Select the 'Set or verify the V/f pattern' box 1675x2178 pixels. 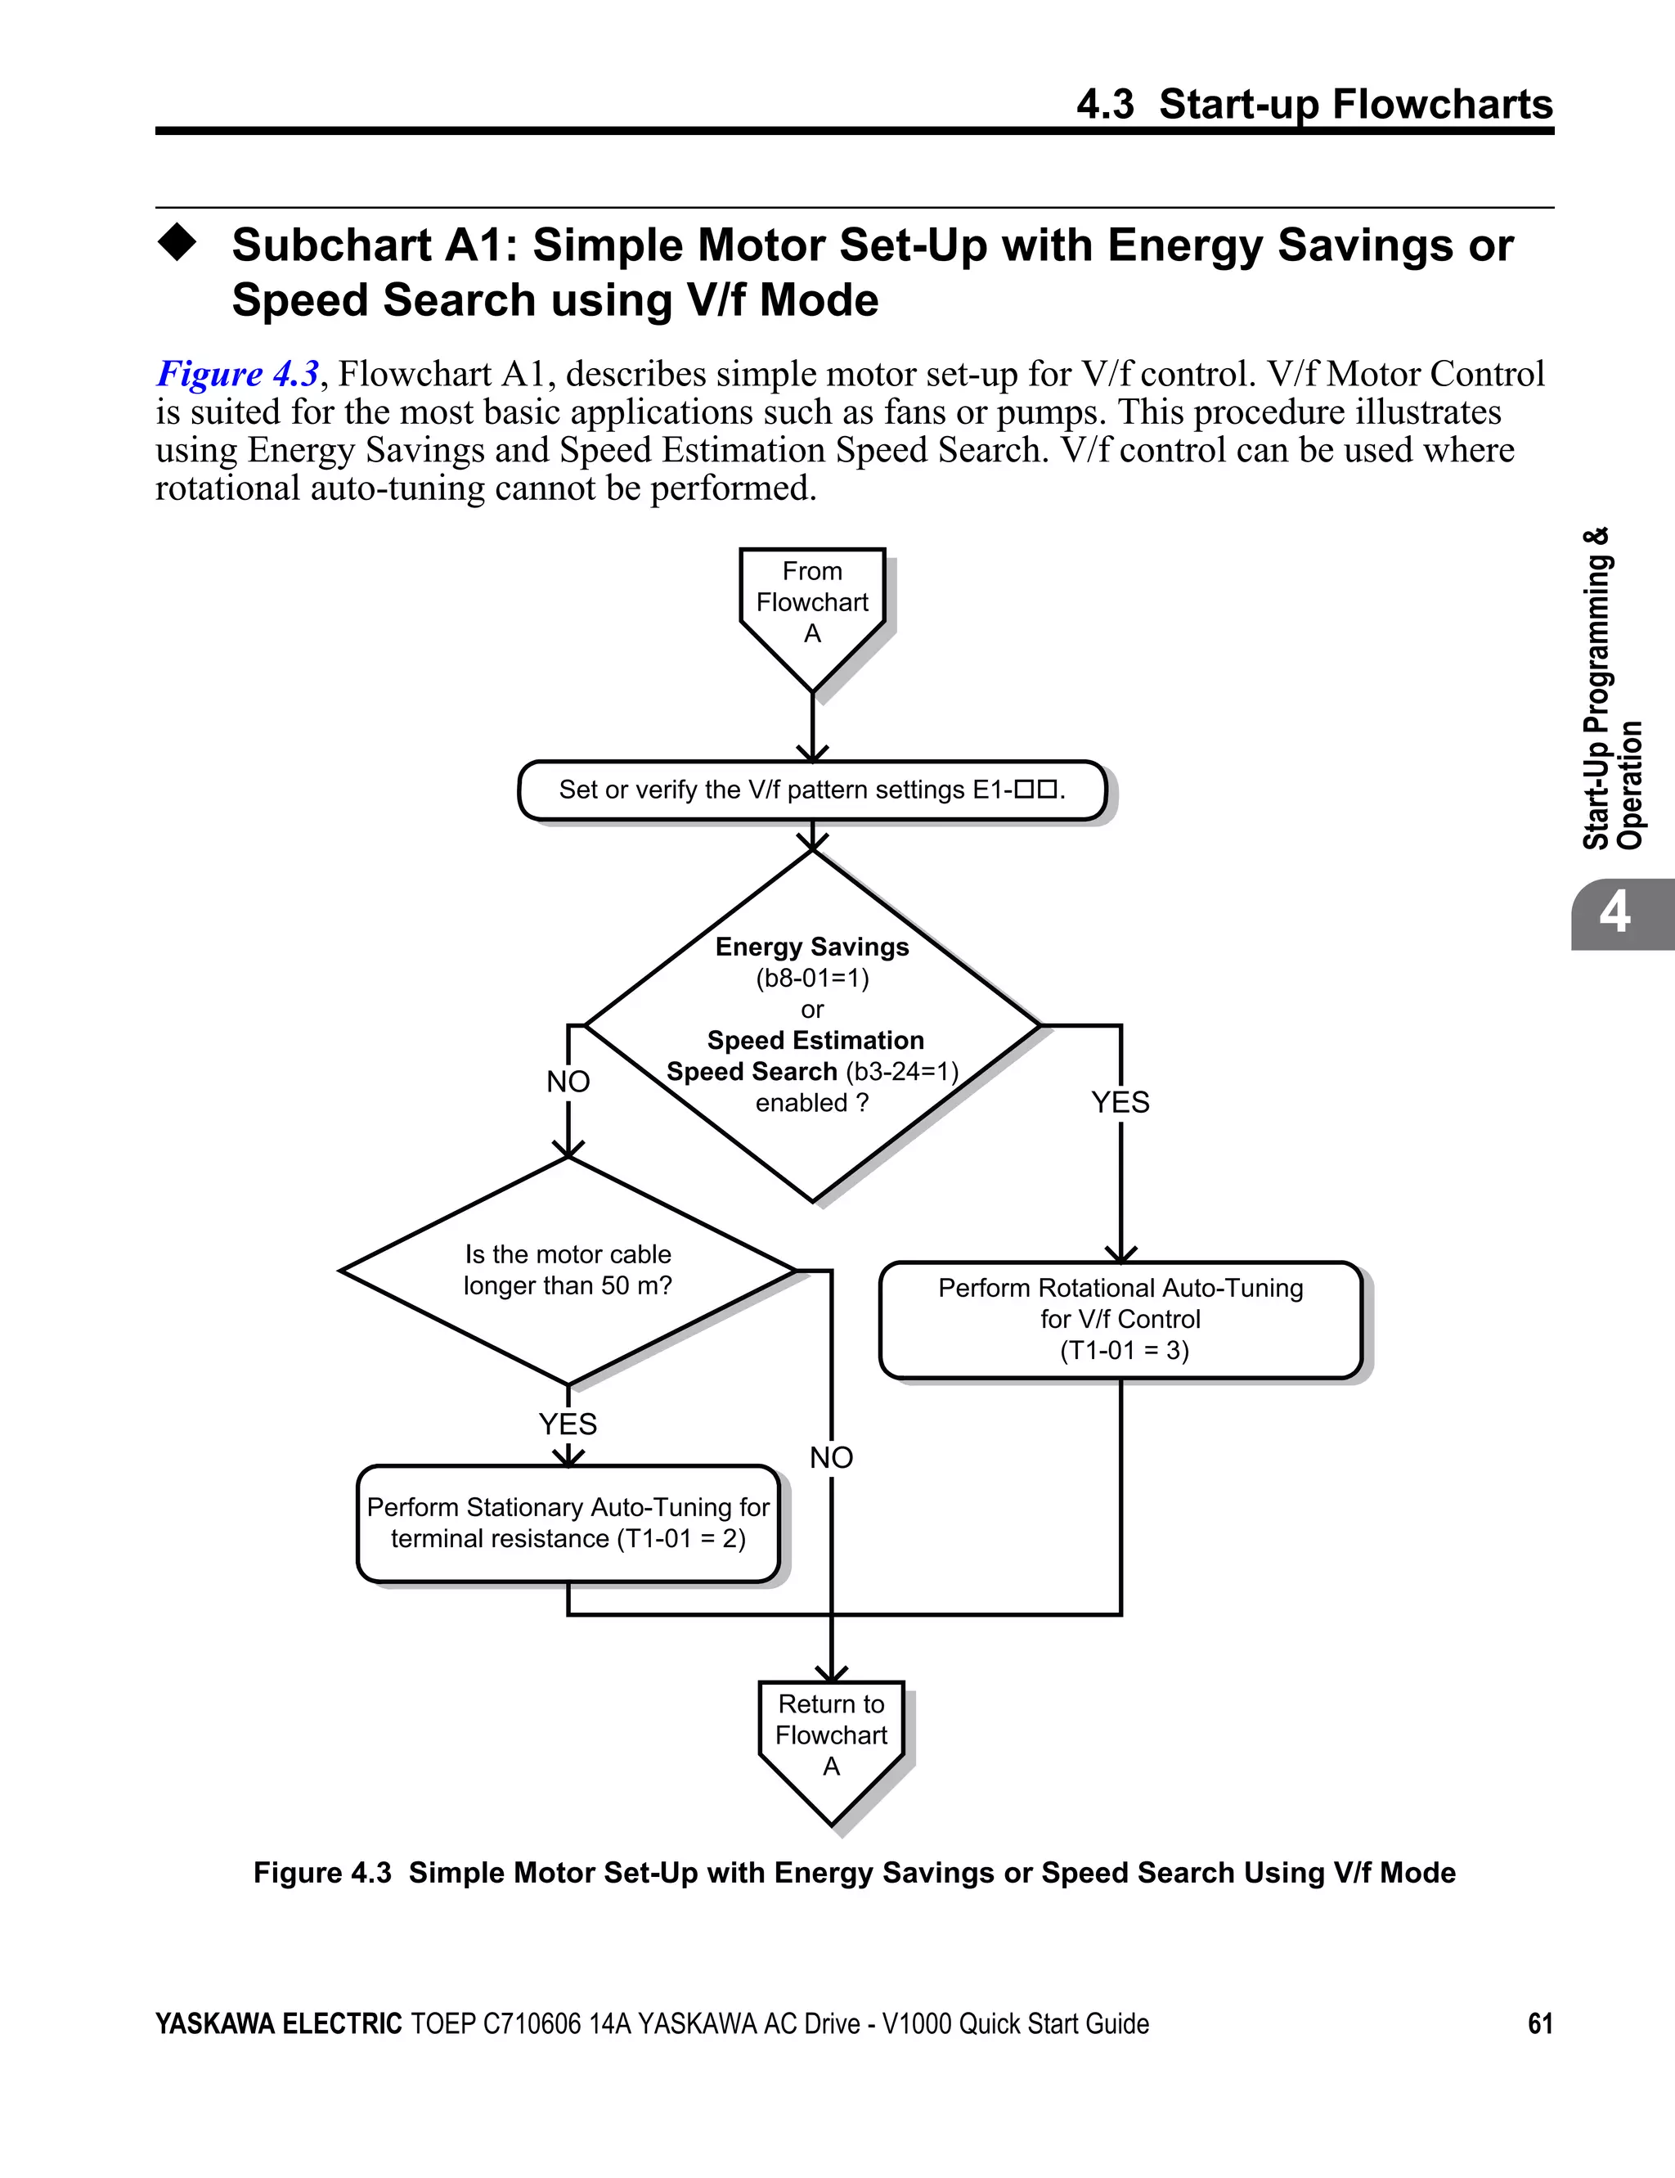tap(811, 790)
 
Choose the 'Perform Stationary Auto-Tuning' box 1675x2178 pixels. tap(568, 1523)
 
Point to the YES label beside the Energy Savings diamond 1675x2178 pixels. tap(1120, 1102)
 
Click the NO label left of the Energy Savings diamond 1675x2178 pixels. tap(568, 1081)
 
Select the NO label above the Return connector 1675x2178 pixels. tap(830, 1458)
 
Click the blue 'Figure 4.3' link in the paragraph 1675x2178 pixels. tap(237, 374)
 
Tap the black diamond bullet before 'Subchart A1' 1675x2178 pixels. tap(177, 242)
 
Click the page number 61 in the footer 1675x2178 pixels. tap(1539, 2023)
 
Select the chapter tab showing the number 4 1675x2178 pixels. tap(1615, 912)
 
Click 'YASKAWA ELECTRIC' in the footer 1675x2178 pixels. tap(278, 2023)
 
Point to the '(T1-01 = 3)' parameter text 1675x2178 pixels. tap(1124, 1350)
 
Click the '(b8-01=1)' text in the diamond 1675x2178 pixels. tap(811, 979)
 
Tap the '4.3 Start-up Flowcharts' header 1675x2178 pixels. tap(1314, 104)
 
